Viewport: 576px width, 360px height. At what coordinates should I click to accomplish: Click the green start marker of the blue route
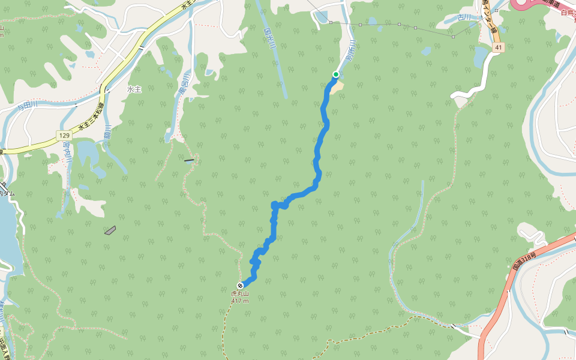click(x=336, y=74)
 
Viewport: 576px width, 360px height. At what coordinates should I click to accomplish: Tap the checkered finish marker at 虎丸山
click(x=240, y=286)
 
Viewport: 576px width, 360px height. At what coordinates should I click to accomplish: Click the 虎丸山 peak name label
click(x=240, y=294)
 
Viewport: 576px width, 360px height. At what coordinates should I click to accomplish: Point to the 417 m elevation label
click(x=240, y=301)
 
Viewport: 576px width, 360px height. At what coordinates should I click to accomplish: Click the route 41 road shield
click(x=498, y=47)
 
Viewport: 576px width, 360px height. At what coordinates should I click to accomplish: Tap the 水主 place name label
click(x=134, y=89)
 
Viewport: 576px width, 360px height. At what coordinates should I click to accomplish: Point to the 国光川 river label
click(x=270, y=38)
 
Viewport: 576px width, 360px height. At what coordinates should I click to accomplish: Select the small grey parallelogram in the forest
click(x=110, y=230)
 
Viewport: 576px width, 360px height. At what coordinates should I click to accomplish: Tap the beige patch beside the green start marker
click(x=339, y=86)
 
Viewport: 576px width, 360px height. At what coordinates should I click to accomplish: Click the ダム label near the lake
click(x=8, y=193)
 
